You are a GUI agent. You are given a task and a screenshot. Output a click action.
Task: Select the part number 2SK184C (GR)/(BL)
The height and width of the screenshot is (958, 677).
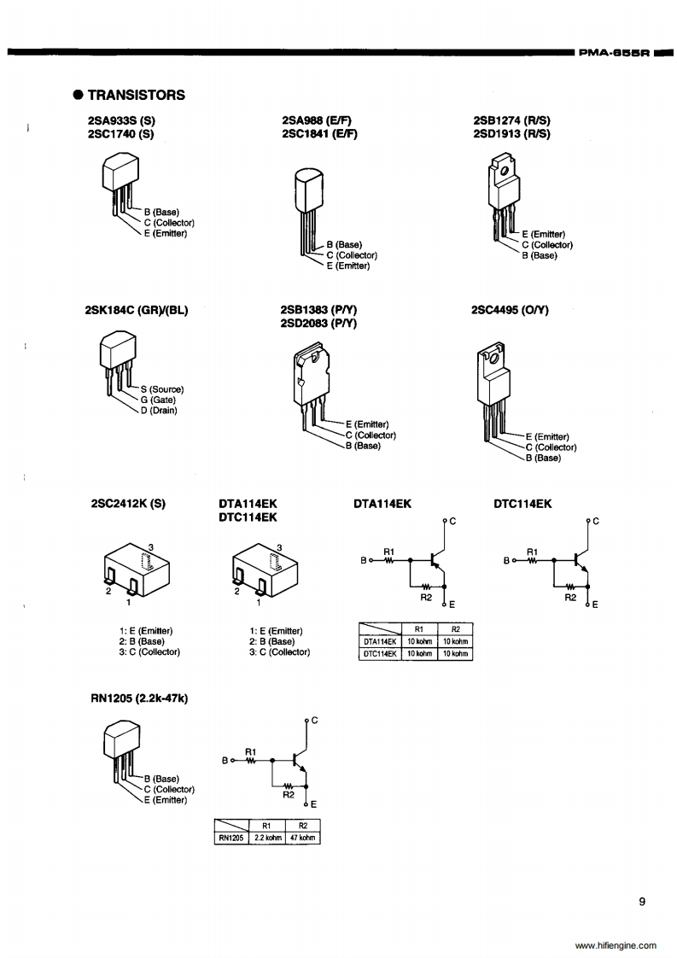[x=137, y=310]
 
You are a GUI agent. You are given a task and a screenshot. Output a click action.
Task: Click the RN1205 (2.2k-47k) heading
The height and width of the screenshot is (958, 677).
[x=139, y=698]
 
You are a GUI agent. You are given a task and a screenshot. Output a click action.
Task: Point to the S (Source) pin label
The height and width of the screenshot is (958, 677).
[x=161, y=389]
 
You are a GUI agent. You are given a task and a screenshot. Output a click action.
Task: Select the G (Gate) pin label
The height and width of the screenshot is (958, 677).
[x=158, y=400]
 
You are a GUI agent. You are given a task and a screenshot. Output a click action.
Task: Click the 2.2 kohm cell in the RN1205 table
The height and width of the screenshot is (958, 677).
[x=267, y=838]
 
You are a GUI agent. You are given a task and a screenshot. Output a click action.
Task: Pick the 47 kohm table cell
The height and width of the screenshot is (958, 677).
[x=302, y=838]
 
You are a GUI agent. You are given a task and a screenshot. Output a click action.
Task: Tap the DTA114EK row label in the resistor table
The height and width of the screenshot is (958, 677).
[x=380, y=641]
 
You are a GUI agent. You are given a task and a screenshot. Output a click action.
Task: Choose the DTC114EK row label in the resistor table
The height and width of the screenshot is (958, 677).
[x=380, y=654]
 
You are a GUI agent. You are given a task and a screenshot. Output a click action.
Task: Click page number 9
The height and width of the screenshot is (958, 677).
[x=642, y=901]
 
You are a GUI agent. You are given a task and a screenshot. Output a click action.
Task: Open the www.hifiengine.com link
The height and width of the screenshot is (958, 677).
[x=616, y=945]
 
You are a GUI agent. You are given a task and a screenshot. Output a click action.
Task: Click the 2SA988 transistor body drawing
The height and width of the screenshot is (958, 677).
[x=310, y=188]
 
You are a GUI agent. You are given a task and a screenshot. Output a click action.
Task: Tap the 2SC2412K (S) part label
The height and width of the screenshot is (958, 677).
[x=127, y=504]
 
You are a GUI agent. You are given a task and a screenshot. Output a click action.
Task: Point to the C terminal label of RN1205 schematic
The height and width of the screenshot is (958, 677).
[x=314, y=720]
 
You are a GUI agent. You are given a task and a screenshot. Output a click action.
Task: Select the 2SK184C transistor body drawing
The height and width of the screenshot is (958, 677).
[x=118, y=350]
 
